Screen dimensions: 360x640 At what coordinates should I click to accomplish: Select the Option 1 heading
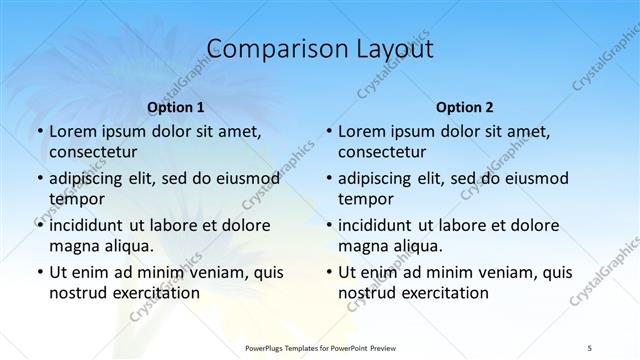pyautogui.click(x=175, y=107)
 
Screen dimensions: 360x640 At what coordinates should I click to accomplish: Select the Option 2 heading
pyautogui.click(x=465, y=107)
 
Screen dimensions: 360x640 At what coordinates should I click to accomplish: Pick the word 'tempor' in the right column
pyautogui.click(x=367, y=199)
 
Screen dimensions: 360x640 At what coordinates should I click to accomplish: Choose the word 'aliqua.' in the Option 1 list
pyautogui.click(x=126, y=246)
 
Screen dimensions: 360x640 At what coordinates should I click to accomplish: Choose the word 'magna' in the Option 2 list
pyautogui.click(x=362, y=246)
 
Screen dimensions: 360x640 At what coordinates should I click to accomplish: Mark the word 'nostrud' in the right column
pyautogui.click(x=367, y=293)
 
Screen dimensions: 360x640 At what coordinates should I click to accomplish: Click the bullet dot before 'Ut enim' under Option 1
pyautogui.click(x=39, y=272)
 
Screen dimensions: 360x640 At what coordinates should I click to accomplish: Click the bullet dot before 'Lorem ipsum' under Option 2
pyautogui.click(x=329, y=132)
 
